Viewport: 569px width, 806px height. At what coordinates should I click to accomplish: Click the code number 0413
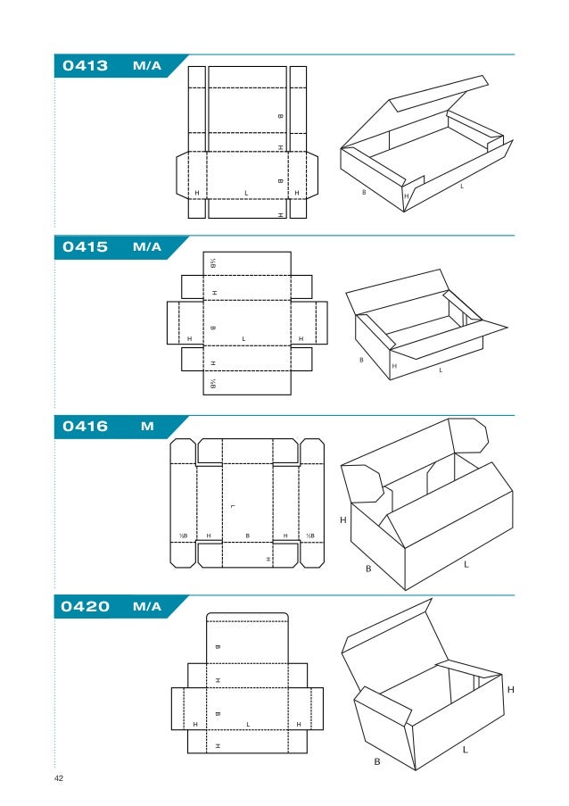85,66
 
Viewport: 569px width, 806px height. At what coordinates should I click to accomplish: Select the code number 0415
85,247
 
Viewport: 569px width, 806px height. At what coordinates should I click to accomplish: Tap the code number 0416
85,427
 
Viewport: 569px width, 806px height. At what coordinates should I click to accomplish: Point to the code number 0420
85,607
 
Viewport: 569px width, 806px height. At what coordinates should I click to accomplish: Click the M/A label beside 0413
146,66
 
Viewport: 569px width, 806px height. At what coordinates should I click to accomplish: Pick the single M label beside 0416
147,427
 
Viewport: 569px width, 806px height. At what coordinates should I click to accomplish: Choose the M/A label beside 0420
146,607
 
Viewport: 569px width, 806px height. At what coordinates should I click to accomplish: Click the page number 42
59,779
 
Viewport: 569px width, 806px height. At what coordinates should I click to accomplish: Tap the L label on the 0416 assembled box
466,565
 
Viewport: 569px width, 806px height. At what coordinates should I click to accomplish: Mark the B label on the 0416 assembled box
367,568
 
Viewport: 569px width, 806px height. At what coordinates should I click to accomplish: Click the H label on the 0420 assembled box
511,690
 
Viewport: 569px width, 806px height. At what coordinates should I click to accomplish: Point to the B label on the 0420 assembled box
377,761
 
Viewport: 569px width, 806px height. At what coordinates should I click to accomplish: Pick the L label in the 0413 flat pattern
246,193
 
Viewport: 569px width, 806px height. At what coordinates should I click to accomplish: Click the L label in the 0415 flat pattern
243,338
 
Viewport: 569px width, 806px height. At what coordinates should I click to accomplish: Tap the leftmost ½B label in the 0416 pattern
182,536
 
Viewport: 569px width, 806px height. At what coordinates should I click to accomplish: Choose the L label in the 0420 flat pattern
247,724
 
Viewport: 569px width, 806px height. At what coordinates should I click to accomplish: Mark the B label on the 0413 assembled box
363,190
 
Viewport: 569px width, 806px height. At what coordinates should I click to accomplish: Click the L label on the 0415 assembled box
441,370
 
